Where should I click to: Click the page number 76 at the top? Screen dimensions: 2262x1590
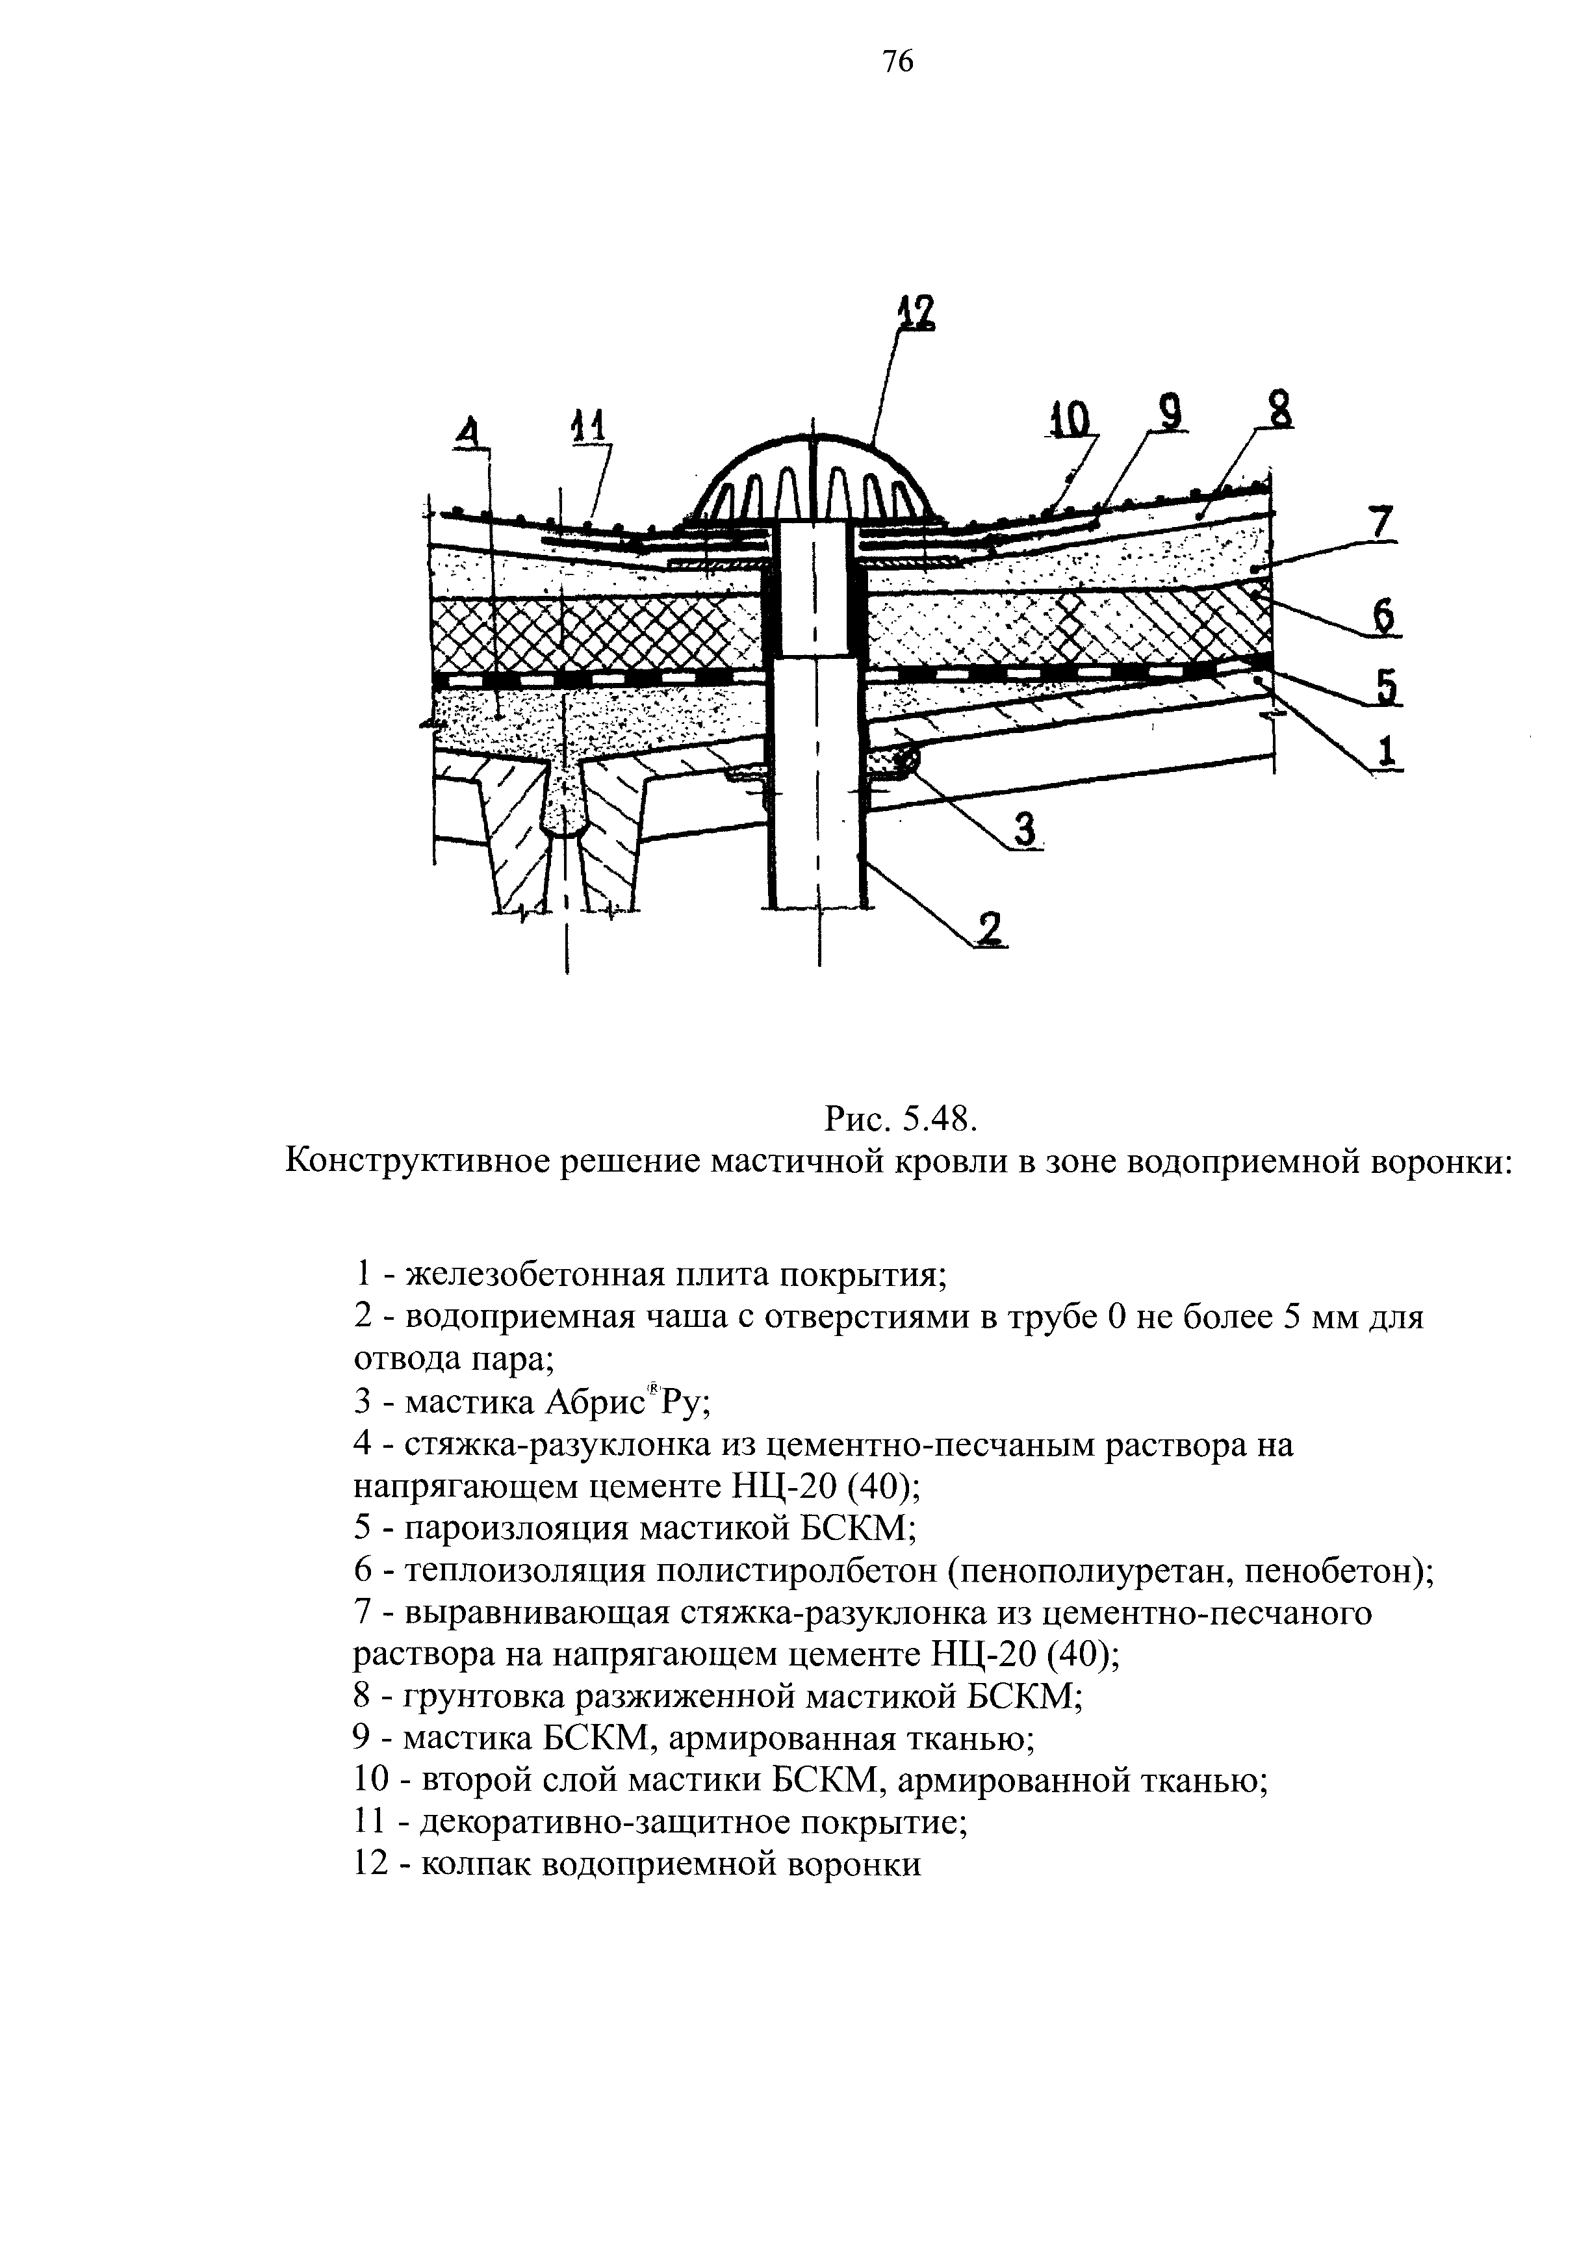point(897,62)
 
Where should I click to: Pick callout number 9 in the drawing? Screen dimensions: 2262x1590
point(1170,413)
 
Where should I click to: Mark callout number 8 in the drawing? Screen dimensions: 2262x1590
point(1279,410)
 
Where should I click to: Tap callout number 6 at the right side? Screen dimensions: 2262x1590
point(1383,618)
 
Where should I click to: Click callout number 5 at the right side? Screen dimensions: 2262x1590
point(1387,687)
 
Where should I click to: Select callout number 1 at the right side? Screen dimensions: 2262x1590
point(1387,751)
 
